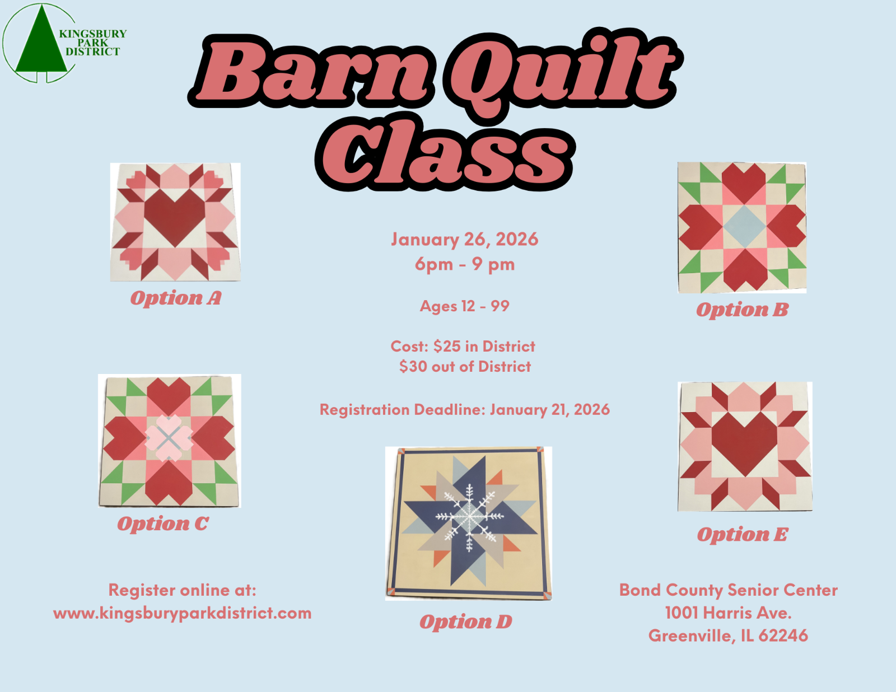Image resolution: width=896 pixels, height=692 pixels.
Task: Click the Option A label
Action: point(176,298)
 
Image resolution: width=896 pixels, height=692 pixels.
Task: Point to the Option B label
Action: point(742,310)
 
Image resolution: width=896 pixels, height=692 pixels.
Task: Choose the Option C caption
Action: point(163,524)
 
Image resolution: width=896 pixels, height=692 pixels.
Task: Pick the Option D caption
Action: point(465,621)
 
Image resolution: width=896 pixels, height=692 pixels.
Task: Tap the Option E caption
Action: point(743,535)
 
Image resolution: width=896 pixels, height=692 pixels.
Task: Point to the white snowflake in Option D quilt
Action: point(469,517)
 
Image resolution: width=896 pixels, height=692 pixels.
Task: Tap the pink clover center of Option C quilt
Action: point(169,438)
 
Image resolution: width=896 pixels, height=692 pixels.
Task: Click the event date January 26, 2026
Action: point(465,240)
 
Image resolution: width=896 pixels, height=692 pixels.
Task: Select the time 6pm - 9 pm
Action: point(465,264)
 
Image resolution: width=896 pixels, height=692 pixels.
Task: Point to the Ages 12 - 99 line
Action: point(465,306)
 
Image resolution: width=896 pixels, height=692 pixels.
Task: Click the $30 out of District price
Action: point(465,366)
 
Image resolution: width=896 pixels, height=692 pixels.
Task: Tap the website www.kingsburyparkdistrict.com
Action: point(182,613)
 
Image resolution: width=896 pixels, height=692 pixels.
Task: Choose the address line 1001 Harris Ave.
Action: point(728,613)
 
